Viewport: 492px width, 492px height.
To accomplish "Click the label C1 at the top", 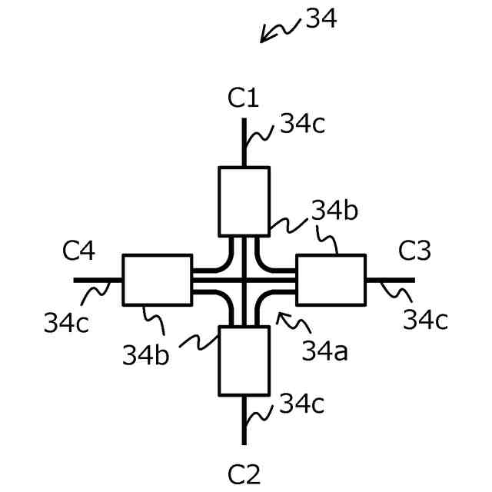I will pos(243,99).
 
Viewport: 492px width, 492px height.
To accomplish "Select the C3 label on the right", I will pos(415,250).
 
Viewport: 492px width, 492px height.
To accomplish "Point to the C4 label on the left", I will pos(79,250).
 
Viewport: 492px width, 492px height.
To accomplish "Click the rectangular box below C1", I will pos(244,201).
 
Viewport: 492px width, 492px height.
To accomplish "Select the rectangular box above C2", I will pos(244,360).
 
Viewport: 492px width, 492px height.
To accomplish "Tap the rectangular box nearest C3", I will pos(331,281).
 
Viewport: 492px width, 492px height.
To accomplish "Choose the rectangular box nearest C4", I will pos(157,280).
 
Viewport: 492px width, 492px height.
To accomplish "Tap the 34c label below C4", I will pos(65,323).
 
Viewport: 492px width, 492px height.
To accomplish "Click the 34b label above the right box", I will pos(335,210).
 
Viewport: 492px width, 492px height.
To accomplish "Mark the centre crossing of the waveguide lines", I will pos(244,281).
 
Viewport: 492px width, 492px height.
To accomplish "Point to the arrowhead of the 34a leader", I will pos(278,314).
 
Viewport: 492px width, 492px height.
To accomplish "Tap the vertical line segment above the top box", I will pos(244,142).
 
